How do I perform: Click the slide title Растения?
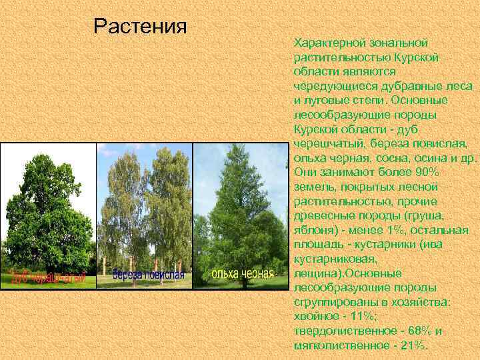point(139,27)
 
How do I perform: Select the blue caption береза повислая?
point(147,275)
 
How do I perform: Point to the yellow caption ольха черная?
point(242,274)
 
